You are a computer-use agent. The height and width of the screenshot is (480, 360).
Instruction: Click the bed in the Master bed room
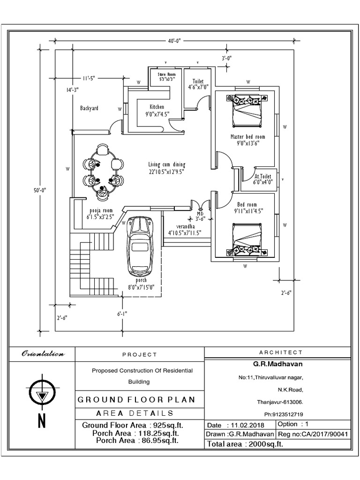pyautogui.click(x=247, y=111)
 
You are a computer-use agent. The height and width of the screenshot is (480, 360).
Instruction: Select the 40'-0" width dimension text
pyautogui.click(x=174, y=41)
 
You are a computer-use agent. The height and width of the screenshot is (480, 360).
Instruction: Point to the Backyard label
pyautogui.click(x=89, y=108)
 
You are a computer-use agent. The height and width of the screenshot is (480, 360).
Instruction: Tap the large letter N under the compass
pyautogui.click(x=42, y=421)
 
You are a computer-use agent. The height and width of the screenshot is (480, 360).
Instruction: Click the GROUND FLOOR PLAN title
pyautogui.click(x=136, y=400)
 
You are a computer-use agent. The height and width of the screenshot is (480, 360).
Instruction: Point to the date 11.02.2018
pyautogui.click(x=242, y=426)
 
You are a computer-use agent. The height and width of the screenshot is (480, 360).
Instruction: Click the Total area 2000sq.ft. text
pyautogui.click(x=246, y=444)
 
